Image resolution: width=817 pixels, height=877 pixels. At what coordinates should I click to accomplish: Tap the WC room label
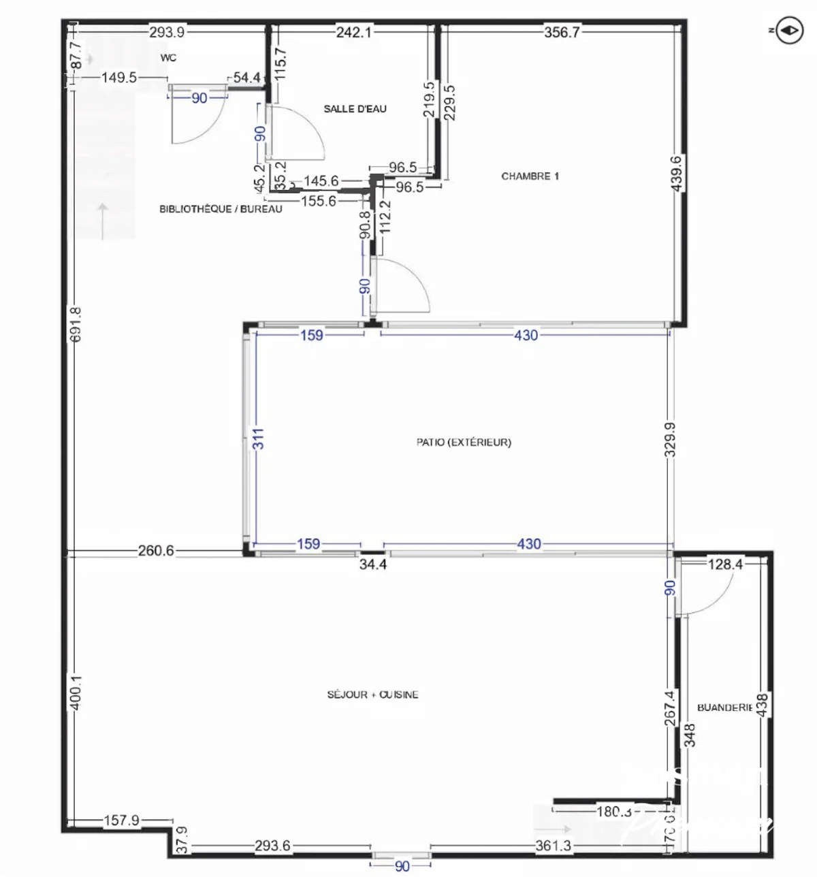168,58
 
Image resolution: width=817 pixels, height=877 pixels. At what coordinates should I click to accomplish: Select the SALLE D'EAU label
355,109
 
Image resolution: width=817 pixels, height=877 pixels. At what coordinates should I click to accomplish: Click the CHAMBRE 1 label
530,176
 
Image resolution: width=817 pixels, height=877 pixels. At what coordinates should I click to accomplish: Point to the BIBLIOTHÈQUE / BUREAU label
221,209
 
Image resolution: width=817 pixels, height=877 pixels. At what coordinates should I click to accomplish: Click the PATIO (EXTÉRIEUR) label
464,443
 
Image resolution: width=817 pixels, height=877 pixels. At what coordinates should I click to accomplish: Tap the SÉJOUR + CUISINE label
372,695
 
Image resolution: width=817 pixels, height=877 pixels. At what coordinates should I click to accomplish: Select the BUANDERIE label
724,708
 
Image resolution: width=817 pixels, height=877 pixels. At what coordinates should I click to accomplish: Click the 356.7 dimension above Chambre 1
562,32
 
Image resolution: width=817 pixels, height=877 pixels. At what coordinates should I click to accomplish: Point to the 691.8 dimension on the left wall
76,324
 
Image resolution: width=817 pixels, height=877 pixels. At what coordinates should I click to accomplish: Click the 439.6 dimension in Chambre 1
677,174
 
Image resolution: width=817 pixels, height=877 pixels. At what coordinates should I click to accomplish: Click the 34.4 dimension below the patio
373,564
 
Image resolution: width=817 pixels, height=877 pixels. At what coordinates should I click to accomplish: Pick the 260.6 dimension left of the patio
156,551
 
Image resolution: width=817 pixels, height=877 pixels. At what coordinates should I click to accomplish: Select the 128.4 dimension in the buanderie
724,564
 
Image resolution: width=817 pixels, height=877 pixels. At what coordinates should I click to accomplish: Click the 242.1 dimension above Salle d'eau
353,32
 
